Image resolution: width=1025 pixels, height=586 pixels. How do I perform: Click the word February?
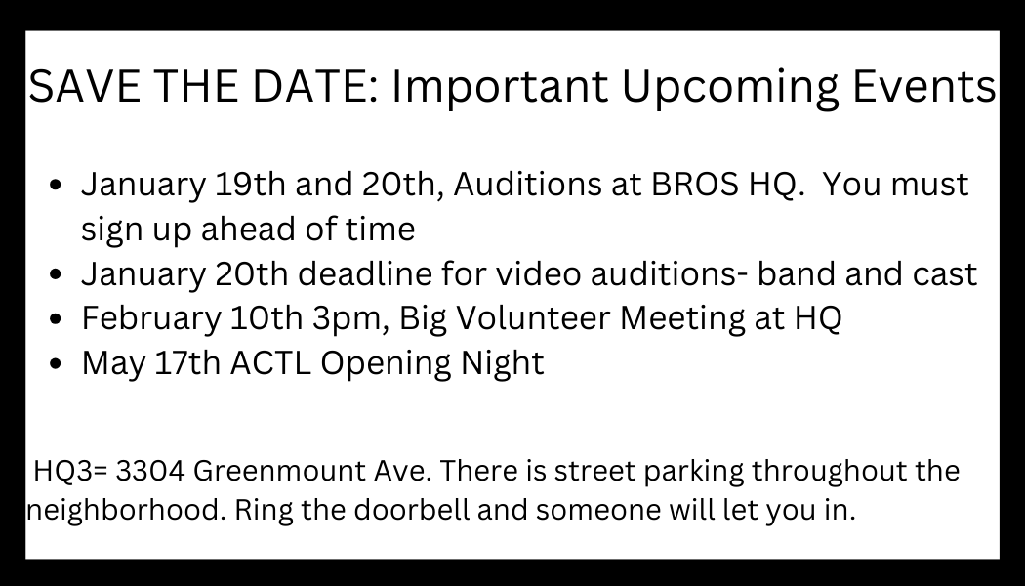(151, 319)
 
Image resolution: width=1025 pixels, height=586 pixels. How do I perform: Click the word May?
(113, 364)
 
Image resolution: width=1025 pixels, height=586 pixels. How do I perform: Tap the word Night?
(502, 364)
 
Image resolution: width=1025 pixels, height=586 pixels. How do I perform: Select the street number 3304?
(150, 471)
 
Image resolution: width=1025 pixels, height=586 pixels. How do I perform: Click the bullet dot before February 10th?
(56, 319)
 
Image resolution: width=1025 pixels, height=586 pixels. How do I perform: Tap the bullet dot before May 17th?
(56, 363)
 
